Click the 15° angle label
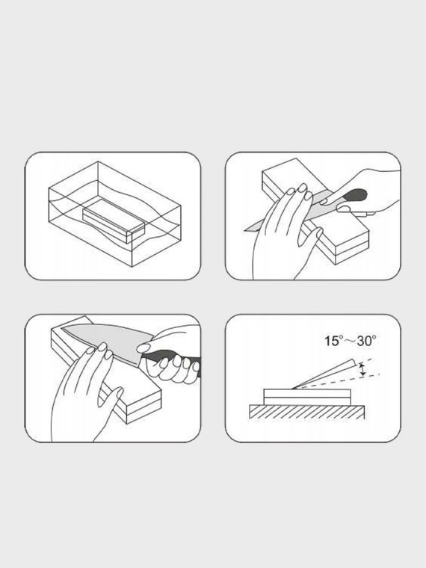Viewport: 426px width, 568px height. (333, 341)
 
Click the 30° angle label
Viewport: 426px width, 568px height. (367, 341)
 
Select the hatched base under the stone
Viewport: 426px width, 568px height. (307, 413)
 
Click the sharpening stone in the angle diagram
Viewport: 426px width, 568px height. (307, 397)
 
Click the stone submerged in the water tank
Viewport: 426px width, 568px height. (114, 220)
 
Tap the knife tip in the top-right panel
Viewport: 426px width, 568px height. (245, 230)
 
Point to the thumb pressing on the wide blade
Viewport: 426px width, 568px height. (144, 348)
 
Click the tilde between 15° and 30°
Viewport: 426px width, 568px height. (350, 341)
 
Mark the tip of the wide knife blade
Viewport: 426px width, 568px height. (61, 327)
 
